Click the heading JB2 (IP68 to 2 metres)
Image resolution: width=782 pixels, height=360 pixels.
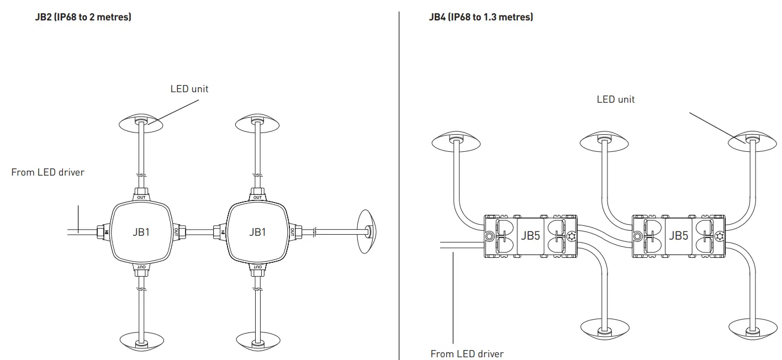83,17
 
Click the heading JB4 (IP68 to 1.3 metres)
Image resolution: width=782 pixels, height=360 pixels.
480,17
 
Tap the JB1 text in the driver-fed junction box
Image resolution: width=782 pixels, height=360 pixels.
141,232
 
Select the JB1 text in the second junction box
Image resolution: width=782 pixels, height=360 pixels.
257,232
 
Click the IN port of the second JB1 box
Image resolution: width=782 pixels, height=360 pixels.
221,232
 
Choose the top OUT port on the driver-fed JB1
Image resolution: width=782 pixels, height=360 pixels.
141,196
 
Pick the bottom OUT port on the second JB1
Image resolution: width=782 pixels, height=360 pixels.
257,268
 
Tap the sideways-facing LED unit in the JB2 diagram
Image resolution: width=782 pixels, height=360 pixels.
366,231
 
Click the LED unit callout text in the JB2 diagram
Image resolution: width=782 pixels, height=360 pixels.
189,88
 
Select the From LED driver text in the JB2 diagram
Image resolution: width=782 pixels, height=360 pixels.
48,172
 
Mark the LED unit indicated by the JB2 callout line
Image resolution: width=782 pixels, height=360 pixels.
141,123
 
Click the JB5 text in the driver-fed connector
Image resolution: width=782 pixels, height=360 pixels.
530,236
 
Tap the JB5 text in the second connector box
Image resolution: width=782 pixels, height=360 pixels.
678,236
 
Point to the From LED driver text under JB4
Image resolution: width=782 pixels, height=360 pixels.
467,353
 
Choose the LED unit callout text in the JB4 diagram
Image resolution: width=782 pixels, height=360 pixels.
616,99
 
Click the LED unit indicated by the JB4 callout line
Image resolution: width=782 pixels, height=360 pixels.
751,141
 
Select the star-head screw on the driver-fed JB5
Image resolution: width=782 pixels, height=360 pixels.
571,236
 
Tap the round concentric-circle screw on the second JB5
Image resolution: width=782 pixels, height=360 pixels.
638,236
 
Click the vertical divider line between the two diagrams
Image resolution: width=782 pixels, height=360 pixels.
399,182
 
